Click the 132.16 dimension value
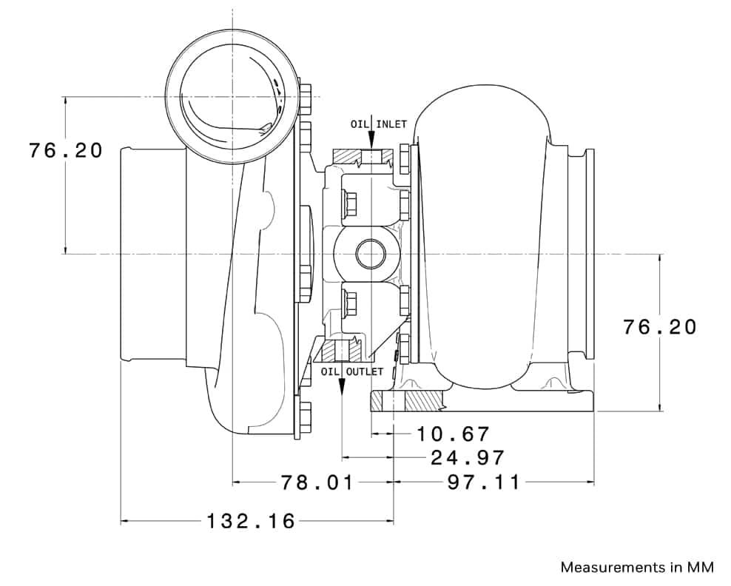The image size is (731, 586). pos(251,521)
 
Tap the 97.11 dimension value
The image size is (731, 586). pos(483,482)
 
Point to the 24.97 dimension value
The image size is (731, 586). pos(468,458)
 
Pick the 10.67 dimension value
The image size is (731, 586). pos(453,434)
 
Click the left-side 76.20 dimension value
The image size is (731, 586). pos(66,151)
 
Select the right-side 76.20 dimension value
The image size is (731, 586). pos(660,327)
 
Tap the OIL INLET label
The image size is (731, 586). pos(379,124)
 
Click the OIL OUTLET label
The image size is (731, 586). pos(352,371)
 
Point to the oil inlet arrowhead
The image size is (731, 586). pos(371,139)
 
